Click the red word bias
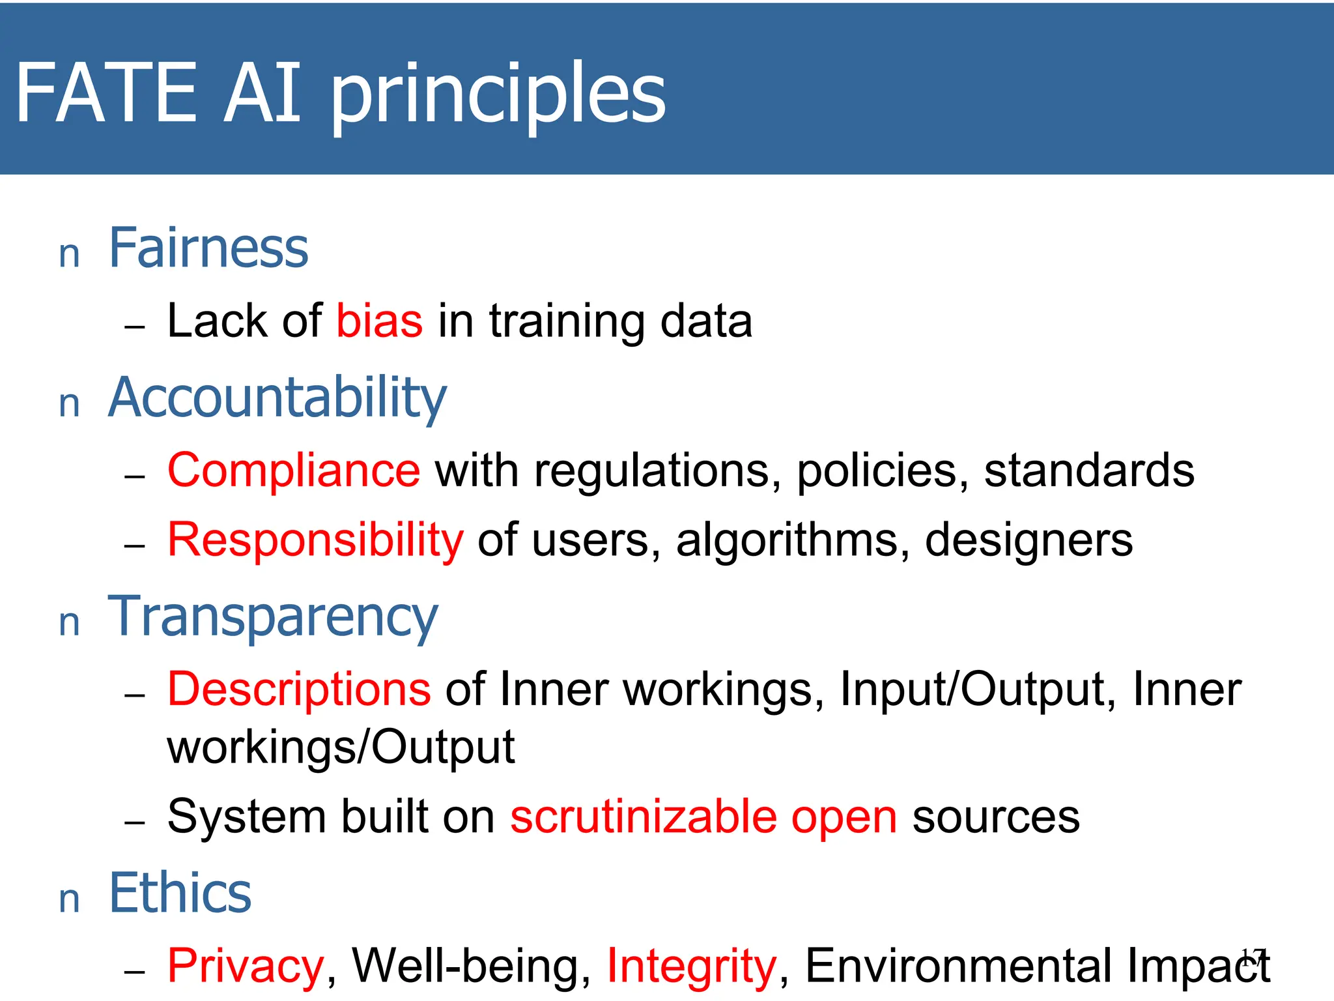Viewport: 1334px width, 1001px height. click(380, 321)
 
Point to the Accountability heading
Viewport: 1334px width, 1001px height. click(277, 398)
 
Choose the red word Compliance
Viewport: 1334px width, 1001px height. click(294, 470)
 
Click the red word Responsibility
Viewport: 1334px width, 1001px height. click(315, 540)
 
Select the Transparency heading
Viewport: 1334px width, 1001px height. click(273, 617)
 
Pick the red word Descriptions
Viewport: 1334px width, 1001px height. click(299, 689)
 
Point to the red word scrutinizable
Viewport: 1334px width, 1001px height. click(644, 817)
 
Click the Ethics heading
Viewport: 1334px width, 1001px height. click(180, 893)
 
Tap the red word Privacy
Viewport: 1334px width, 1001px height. click(246, 966)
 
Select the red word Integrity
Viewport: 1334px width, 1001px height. click(692, 966)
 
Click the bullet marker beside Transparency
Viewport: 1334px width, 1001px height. click(69, 623)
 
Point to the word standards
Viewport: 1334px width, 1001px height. click(1089, 471)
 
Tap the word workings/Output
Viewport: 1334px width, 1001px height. click(341, 747)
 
